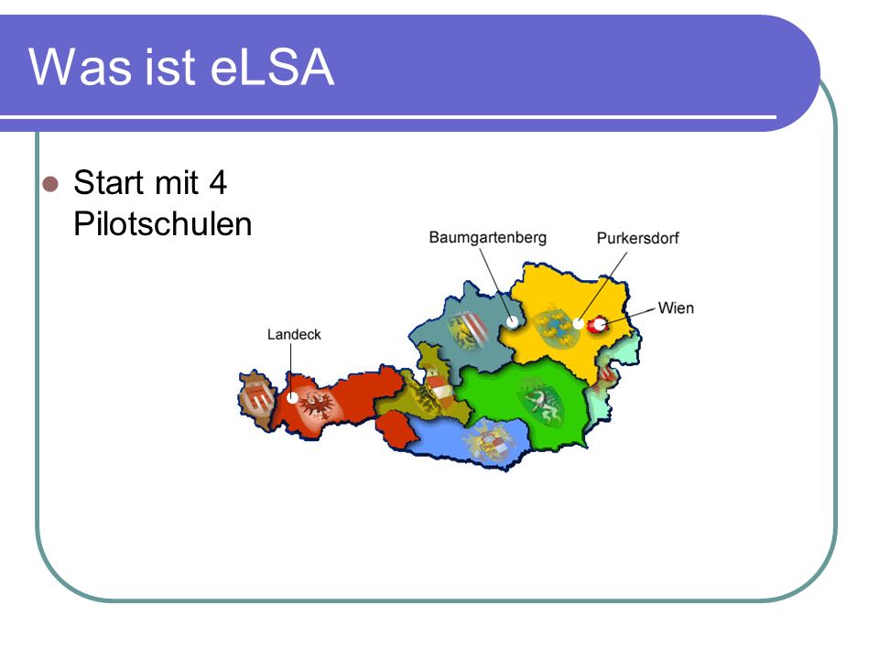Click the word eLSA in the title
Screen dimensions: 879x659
(x=273, y=67)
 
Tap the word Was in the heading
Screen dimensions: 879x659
(x=80, y=67)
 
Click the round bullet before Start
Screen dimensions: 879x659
(x=50, y=184)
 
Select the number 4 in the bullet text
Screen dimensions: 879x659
(x=218, y=183)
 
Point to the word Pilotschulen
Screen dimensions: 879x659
(x=163, y=224)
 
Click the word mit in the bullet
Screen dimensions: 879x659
(x=177, y=183)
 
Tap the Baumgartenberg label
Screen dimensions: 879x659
(x=488, y=238)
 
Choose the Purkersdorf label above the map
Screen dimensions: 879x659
(x=637, y=238)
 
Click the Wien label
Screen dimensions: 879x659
(x=676, y=308)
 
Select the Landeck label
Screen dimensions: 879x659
(x=294, y=335)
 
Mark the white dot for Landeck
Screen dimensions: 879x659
(x=292, y=398)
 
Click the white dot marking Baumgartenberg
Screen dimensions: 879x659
(x=513, y=321)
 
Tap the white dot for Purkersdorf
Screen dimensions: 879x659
(x=578, y=323)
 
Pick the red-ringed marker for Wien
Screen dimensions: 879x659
(x=598, y=324)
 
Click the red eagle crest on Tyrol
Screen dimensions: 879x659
(x=319, y=404)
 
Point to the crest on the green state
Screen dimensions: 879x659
(x=542, y=401)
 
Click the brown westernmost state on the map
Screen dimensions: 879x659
(x=255, y=399)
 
